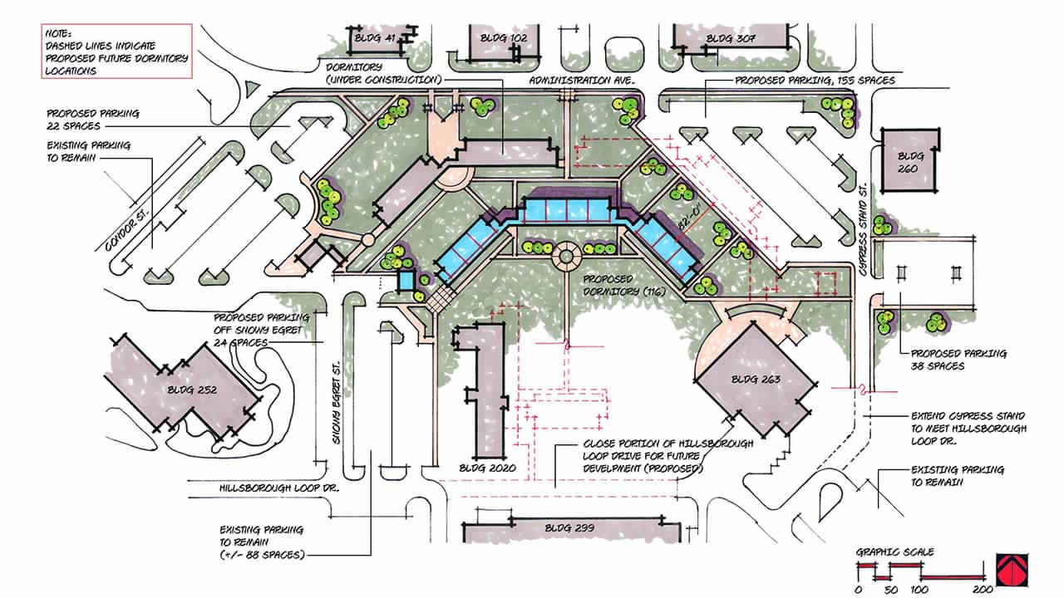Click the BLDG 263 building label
coord(756,380)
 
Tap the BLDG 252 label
coord(192,390)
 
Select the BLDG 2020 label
coord(487,468)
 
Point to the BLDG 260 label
coord(908,162)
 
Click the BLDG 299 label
coord(569,527)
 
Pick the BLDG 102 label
coord(504,38)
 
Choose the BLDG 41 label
coord(375,37)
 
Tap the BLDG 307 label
coord(731,38)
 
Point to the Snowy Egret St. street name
coord(337,403)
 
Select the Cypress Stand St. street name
coord(863,230)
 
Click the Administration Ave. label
coord(582,81)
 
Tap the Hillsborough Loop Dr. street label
coord(279,488)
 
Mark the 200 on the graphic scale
coord(983,590)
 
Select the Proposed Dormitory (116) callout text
coord(624,285)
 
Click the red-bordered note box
coord(117,51)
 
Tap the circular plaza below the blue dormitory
coord(566,257)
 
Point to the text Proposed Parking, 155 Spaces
coord(815,81)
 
